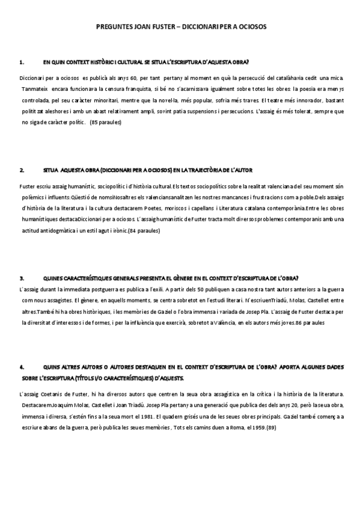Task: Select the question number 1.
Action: pos(22,62)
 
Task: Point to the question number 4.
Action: pos(22,366)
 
